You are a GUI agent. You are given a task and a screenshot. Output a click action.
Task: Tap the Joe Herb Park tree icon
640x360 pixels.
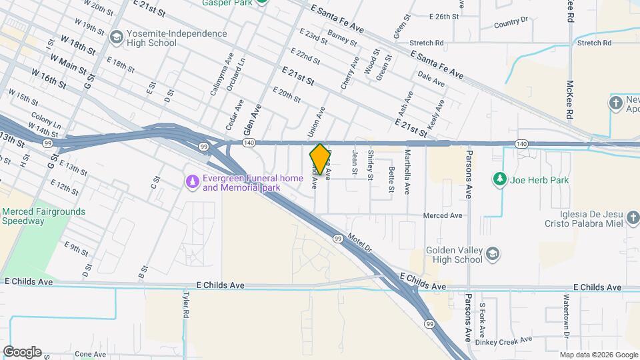tap(499, 179)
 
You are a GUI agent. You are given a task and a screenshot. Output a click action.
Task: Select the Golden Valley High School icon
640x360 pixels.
tap(492, 253)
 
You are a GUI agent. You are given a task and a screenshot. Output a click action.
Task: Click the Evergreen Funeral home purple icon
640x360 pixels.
tap(193, 182)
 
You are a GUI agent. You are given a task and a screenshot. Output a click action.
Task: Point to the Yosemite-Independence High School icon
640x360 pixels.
tap(117, 36)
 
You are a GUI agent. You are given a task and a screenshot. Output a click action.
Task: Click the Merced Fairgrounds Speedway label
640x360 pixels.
tap(44, 217)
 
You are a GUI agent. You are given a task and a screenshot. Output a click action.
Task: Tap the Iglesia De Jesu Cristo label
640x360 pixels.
tap(584, 228)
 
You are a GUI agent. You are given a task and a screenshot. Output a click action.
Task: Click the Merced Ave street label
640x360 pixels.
tap(443, 216)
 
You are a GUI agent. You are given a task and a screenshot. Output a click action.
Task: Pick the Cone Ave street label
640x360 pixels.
tap(91, 354)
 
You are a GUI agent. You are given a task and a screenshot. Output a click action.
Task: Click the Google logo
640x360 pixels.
tap(22, 351)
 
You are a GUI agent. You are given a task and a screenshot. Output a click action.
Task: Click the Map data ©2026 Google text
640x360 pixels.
tap(598, 355)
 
